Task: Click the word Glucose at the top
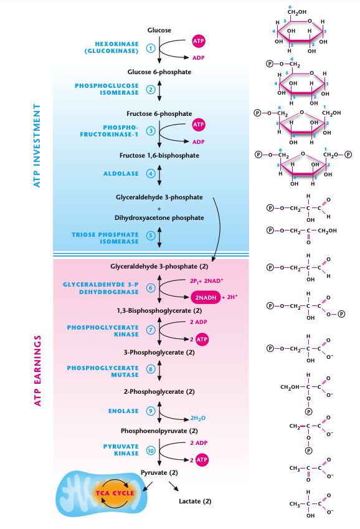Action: (x=159, y=30)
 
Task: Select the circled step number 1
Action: (x=150, y=48)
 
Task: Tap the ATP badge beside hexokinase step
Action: (x=199, y=41)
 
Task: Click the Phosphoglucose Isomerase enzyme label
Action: (x=107, y=89)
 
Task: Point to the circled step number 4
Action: (x=150, y=173)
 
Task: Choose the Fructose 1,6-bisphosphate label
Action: (x=159, y=155)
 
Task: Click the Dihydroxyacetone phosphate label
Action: (x=159, y=217)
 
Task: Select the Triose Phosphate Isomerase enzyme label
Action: (x=105, y=237)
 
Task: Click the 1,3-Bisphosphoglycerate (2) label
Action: (x=159, y=310)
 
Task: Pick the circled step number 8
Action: (x=150, y=369)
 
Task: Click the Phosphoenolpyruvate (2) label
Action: (x=159, y=431)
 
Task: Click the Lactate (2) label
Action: (x=195, y=501)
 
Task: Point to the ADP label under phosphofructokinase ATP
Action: (x=198, y=141)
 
